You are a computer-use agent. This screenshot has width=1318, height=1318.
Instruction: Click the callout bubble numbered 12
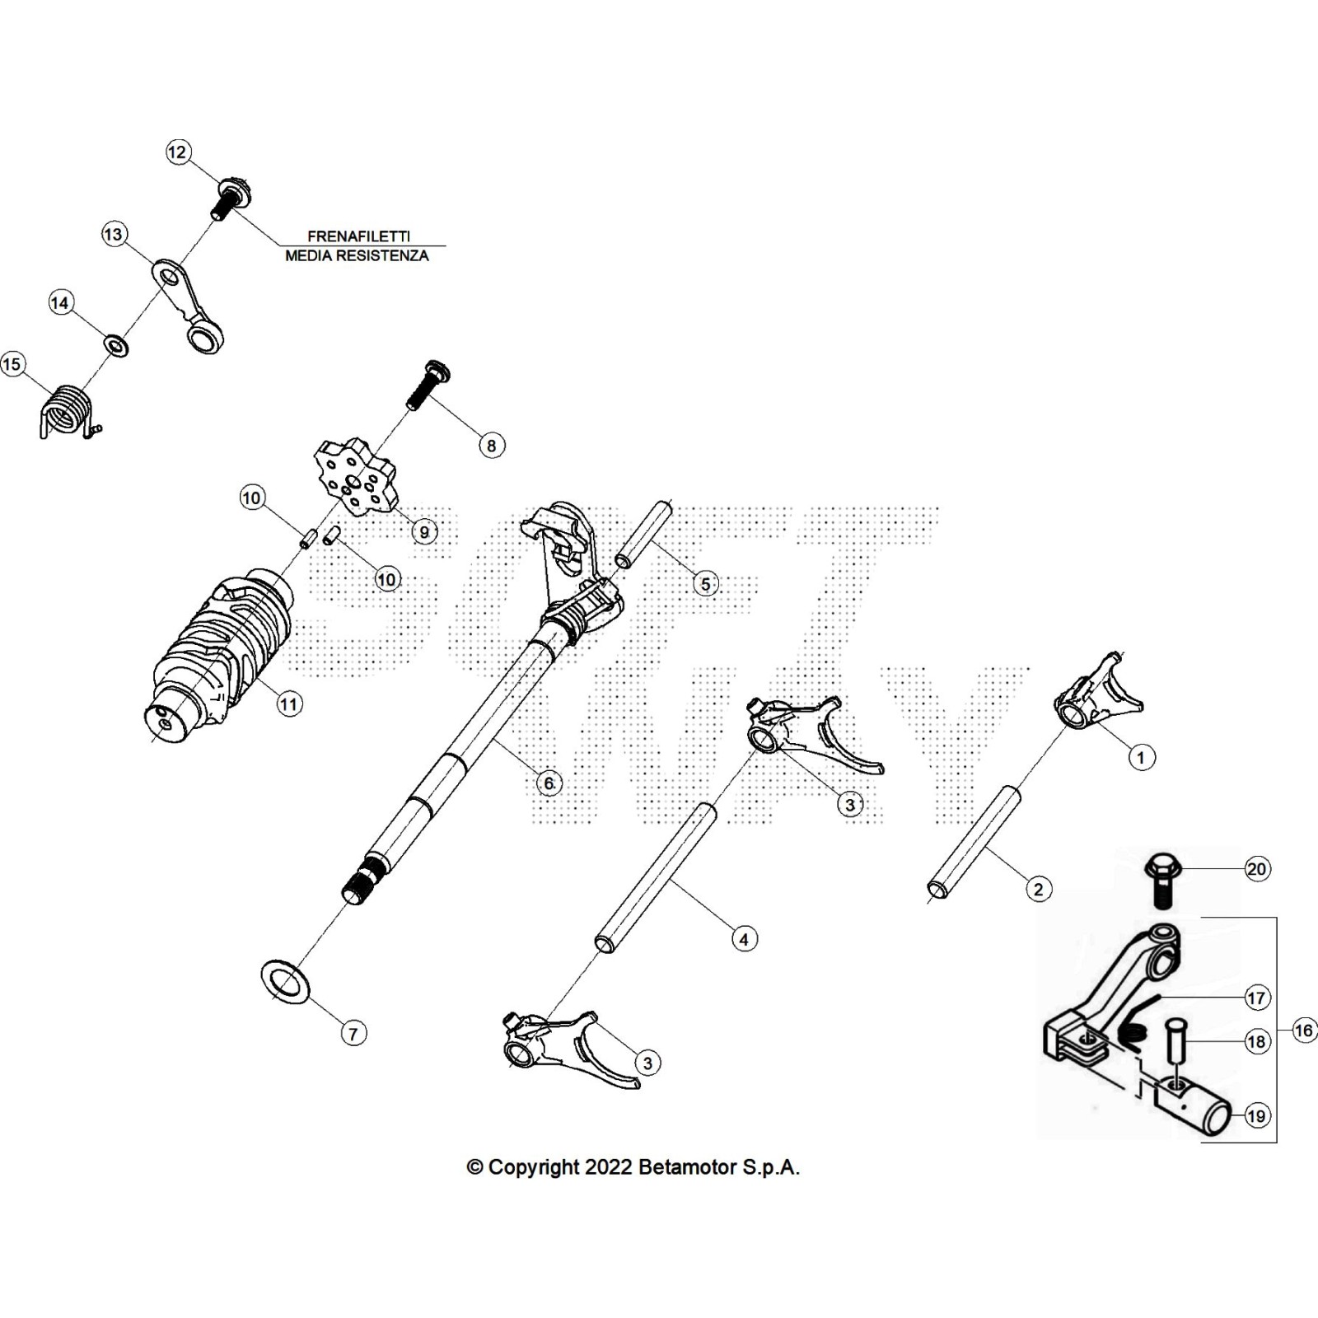178,152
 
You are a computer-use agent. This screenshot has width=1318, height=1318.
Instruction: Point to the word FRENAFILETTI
358,236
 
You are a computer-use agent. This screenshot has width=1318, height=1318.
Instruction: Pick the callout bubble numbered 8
491,446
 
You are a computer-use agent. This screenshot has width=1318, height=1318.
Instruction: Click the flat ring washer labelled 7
285,982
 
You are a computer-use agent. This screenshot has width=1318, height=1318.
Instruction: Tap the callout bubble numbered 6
549,783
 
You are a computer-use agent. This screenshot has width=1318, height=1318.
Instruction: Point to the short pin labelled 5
645,536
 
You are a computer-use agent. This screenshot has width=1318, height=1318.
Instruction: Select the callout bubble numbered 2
1038,889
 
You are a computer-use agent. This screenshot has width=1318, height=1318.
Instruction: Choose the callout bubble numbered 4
744,938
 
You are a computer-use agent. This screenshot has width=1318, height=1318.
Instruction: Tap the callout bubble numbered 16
1303,1030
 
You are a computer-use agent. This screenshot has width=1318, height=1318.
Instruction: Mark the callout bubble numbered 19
1256,1116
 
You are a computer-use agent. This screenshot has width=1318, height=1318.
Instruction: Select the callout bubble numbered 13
113,235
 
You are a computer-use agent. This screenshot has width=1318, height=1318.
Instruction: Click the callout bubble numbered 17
1255,998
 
